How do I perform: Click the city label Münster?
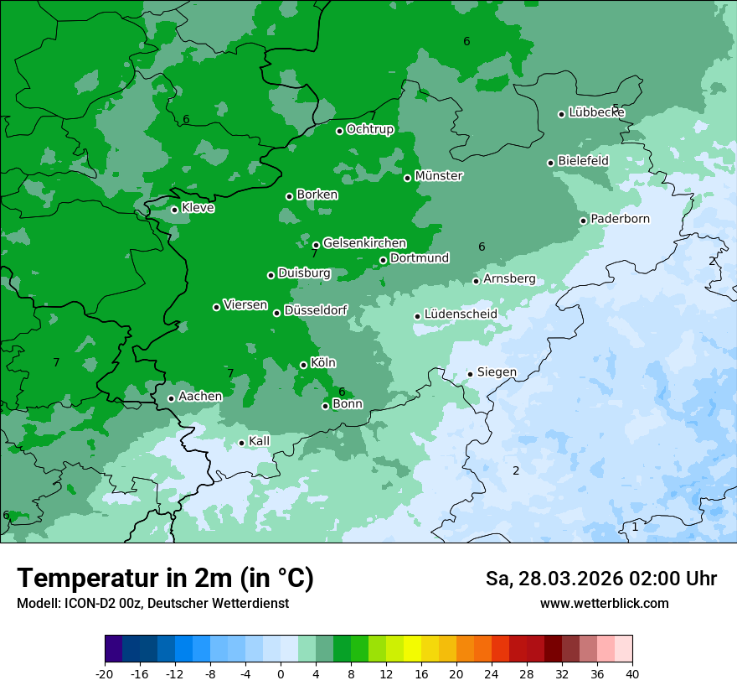(x=439, y=176)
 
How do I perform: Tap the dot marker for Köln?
(x=303, y=365)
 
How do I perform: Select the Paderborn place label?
(x=620, y=219)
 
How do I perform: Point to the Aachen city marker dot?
(x=171, y=398)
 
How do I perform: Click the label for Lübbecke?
(x=596, y=112)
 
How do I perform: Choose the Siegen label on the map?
(x=497, y=372)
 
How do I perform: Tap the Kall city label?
(x=259, y=441)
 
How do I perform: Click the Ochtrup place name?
(x=370, y=129)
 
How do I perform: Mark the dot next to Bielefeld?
(x=550, y=163)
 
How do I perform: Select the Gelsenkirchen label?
(x=364, y=243)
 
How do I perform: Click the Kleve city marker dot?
(x=174, y=210)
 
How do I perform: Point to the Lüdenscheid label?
(x=461, y=314)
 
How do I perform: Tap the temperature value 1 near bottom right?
(x=635, y=527)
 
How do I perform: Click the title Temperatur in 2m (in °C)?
(x=165, y=578)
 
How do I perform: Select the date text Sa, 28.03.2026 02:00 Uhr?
(x=600, y=579)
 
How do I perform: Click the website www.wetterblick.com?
(x=604, y=603)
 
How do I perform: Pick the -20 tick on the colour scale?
(x=105, y=673)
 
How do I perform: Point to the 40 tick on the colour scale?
(x=632, y=673)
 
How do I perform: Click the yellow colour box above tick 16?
(x=411, y=649)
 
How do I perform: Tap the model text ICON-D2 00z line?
(x=152, y=603)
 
